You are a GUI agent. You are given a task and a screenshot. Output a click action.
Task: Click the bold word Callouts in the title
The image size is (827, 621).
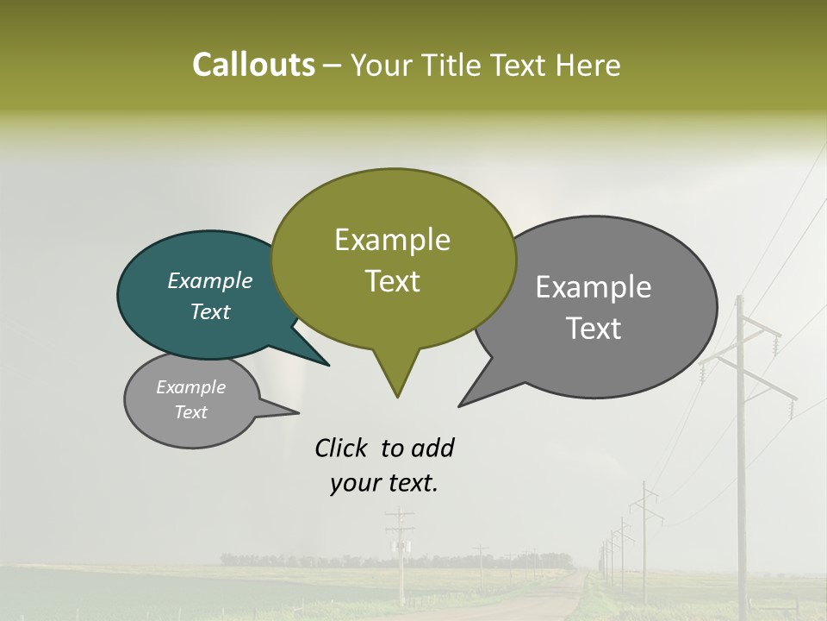(x=253, y=65)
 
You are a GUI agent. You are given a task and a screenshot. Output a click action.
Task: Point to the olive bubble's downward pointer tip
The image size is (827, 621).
(x=397, y=396)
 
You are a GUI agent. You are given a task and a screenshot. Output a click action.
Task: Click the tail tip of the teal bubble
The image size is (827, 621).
(x=327, y=365)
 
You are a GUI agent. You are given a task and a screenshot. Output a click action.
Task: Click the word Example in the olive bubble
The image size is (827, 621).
(x=392, y=240)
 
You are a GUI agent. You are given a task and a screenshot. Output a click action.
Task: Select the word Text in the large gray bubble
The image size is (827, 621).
(x=594, y=329)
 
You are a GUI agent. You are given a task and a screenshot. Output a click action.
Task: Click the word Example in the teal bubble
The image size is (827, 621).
(x=209, y=281)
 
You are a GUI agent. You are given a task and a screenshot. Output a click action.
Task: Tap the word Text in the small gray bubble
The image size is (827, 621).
(x=191, y=412)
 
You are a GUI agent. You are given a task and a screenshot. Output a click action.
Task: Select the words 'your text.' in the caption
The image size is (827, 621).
(x=384, y=483)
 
